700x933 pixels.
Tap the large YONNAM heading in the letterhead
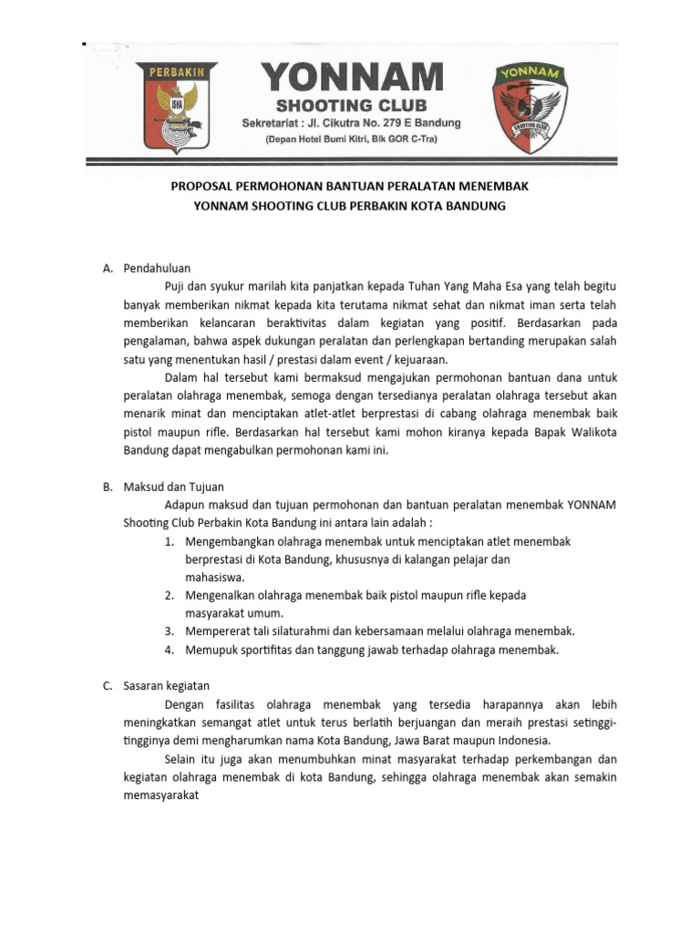[353, 78]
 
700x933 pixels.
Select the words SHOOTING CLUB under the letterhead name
[352, 105]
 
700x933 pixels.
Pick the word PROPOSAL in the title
[203, 187]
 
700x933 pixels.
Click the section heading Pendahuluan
[157, 268]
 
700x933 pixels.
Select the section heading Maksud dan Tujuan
[173, 487]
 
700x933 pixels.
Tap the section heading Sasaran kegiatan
[166, 685]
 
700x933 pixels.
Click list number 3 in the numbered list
[170, 631]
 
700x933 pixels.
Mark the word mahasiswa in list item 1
[213, 577]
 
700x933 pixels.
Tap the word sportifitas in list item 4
[265, 650]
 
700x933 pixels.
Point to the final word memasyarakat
[160, 795]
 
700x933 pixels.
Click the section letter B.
[108, 487]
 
